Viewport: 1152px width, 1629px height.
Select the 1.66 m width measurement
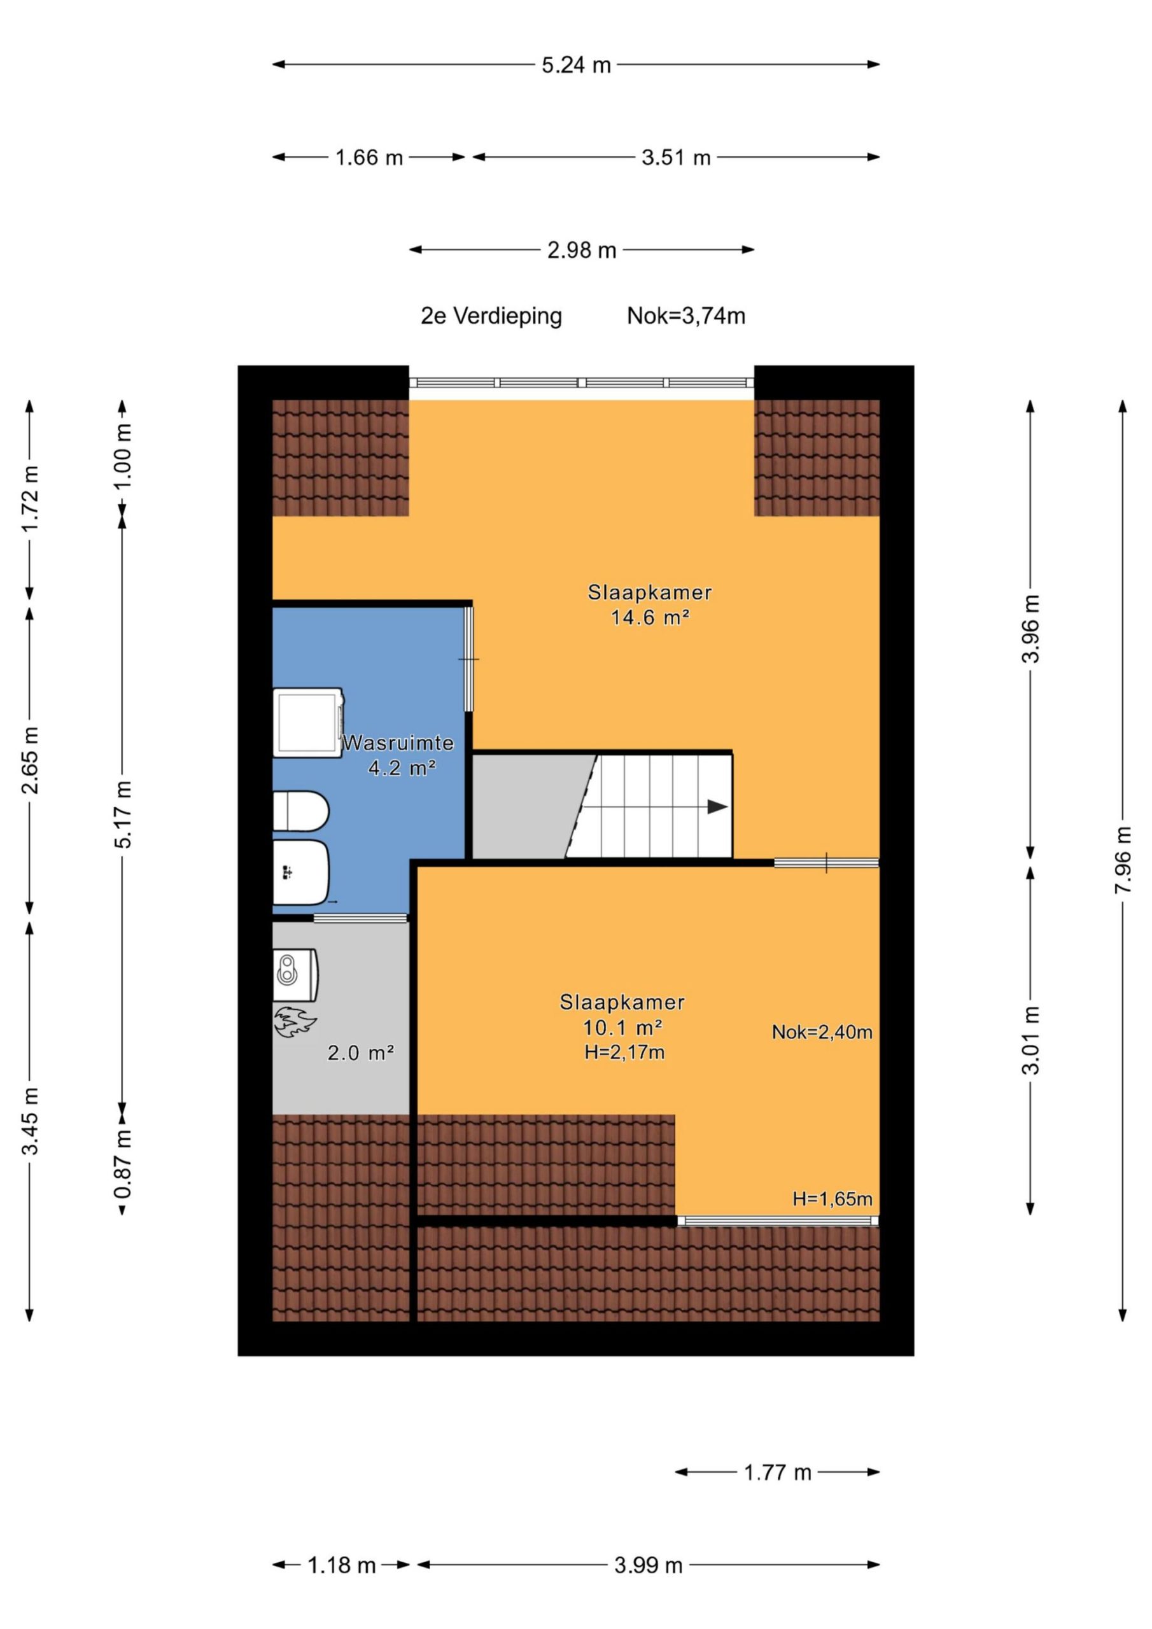(x=369, y=158)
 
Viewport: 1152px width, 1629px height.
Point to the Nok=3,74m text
(x=685, y=316)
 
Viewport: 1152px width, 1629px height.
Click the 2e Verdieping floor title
(x=491, y=316)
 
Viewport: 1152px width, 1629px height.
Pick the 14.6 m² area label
(x=650, y=617)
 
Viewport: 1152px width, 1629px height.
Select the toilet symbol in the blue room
(x=301, y=810)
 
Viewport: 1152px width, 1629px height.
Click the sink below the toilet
(x=301, y=872)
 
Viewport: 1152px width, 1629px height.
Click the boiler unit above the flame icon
(x=295, y=976)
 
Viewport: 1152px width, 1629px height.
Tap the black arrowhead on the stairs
(x=717, y=807)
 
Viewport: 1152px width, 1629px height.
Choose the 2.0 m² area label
(x=361, y=1053)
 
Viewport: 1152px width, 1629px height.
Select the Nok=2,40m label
(x=822, y=1032)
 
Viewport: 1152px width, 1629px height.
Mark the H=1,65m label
(x=832, y=1199)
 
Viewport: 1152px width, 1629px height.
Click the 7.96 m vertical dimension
(x=1122, y=860)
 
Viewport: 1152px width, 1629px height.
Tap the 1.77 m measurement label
(x=777, y=1473)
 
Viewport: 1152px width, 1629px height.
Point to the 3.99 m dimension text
(x=648, y=1565)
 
